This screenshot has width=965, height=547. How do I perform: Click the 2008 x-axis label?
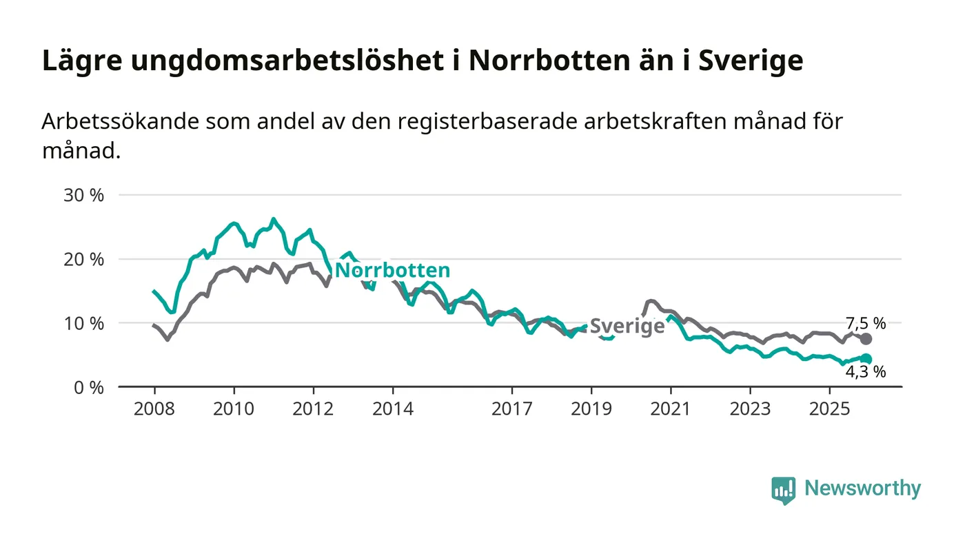click(154, 409)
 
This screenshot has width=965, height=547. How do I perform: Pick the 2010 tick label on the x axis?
click(234, 409)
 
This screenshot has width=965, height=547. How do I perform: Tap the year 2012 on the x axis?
click(314, 409)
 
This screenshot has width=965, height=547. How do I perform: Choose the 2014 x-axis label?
click(393, 409)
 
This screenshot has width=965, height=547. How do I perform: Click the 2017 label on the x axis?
click(512, 409)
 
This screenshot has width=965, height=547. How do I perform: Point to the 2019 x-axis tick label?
click(591, 409)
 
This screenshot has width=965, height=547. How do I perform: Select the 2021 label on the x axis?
click(671, 409)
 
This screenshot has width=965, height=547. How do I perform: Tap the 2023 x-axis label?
click(751, 409)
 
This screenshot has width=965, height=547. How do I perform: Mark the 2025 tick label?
click(830, 409)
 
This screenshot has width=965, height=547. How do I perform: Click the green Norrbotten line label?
click(392, 270)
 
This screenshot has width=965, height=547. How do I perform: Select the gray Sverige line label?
click(627, 326)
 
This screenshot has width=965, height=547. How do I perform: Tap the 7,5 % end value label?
click(866, 322)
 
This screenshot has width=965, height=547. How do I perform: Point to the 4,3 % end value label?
click(866, 372)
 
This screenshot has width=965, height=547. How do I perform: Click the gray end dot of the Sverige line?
click(866, 339)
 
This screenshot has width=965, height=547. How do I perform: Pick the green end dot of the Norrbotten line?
click(866, 359)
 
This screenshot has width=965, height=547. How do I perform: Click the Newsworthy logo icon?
click(783, 490)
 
